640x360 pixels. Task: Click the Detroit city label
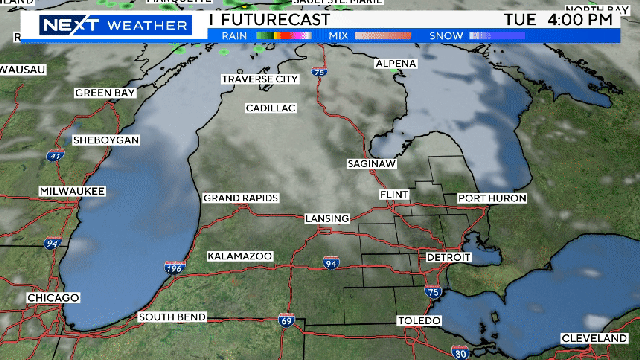(448, 257)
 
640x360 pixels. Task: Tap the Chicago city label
(53, 298)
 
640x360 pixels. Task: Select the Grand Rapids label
(239, 198)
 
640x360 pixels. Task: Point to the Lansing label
(328, 218)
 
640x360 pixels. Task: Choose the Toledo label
(418, 320)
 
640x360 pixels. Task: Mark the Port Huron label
(492, 198)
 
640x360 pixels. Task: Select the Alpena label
(396, 64)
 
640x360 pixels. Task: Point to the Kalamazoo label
(240, 257)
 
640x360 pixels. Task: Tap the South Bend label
(172, 317)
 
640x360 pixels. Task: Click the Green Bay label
(105, 93)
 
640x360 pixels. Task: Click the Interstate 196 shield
(174, 268)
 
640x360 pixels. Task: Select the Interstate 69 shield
(286, 322)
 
